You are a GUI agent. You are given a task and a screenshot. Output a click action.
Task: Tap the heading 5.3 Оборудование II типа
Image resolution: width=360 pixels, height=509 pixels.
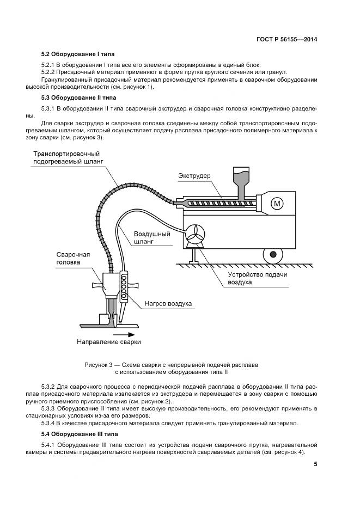click(72, 98)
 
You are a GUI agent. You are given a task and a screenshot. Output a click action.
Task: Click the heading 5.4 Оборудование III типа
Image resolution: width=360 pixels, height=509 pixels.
click(74, 434)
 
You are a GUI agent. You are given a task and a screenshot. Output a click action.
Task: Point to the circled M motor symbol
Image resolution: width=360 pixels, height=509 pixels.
click(278, 204)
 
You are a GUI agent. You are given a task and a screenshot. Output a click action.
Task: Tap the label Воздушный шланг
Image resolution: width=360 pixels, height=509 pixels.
click(152, 237)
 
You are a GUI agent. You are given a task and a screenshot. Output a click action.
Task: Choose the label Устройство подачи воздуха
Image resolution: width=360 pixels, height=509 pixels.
click(250, 279)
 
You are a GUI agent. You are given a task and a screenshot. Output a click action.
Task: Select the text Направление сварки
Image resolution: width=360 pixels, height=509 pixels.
click(108, 342)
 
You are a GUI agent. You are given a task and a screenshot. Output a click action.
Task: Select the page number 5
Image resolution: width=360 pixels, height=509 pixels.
click(315, 464)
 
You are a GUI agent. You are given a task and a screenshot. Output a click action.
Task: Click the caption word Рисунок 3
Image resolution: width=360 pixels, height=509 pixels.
click(101, 364)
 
